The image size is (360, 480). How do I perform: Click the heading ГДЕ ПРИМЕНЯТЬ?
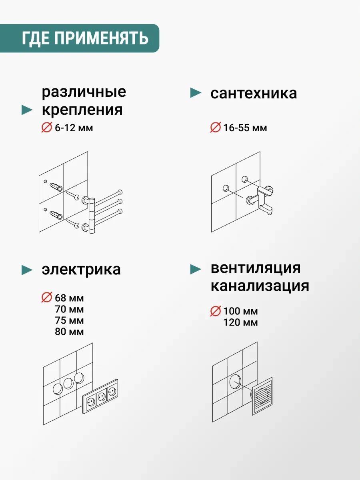85,38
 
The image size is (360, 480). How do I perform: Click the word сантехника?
254,93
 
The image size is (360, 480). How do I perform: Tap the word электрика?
81,269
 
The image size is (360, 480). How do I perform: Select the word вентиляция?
256,268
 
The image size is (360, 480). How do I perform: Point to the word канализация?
260,286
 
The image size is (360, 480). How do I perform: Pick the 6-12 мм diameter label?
74,128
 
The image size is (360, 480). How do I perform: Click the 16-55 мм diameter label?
245,128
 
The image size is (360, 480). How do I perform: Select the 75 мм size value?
69,320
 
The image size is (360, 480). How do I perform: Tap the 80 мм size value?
69,332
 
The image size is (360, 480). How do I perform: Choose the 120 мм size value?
240,322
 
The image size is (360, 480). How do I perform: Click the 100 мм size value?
240,311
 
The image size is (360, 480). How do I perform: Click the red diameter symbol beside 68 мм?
47,298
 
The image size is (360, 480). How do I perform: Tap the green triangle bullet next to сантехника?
196,93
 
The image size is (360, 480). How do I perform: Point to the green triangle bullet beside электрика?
27,270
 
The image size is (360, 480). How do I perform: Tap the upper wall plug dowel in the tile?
56,187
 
